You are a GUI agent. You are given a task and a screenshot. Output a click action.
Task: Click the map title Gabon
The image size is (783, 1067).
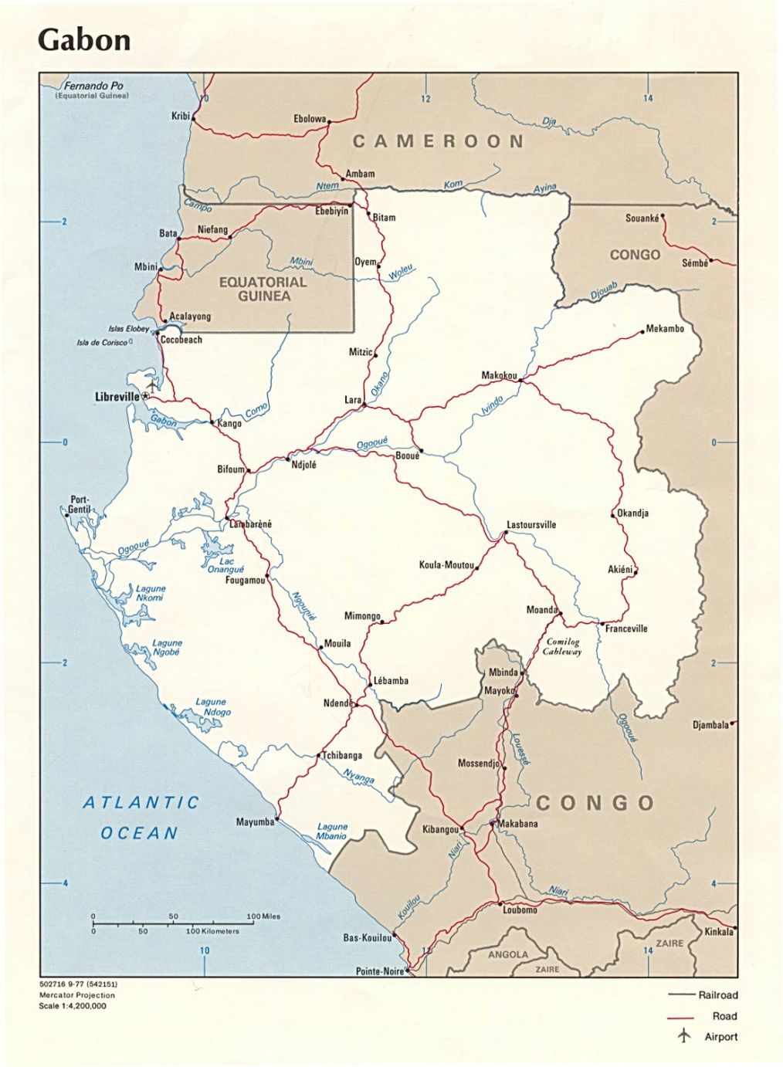[x=84, y=40]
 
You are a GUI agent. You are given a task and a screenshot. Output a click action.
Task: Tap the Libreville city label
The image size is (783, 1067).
[x=117, y=397]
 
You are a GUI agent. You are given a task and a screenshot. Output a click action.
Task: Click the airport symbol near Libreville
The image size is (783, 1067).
[x=152, y=384]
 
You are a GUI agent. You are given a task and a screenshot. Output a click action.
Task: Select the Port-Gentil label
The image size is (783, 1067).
[x=79, y=505]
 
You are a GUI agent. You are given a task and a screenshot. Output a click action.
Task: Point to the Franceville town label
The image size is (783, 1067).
[x=626, y=628]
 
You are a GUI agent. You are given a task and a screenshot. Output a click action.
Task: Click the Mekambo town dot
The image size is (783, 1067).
[x=642, y=333]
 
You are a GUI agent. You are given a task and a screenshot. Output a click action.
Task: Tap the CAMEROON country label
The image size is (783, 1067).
[x=438, y=141]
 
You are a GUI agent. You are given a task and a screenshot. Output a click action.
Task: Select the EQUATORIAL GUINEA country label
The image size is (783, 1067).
[x=263, y=289]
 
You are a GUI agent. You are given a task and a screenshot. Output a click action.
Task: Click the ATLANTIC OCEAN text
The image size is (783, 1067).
[x=141, y=818]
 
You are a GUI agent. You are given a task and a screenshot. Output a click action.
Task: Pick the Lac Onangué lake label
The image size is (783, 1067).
[x=225, y=565]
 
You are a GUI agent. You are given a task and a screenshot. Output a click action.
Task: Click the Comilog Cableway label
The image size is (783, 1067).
[x=562, y=646]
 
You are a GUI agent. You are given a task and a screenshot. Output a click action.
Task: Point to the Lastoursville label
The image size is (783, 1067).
[x=531, y=525]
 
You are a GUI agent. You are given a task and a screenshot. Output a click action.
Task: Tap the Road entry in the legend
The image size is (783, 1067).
[x=724, y=1016]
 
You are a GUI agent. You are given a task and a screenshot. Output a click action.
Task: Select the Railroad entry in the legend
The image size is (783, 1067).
[x=718, y=995]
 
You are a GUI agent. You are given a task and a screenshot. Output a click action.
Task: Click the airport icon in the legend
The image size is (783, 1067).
[x=684, y=1036]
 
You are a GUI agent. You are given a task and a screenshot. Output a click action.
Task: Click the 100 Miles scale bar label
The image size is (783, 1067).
[x=263, y=916]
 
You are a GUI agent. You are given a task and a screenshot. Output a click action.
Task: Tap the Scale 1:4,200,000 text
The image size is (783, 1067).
[x=73, y=1006]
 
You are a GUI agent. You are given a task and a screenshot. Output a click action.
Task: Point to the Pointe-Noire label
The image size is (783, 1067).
[x=379, y=971]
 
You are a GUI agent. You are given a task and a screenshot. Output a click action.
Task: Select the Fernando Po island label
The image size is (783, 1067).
[x=93, y=86]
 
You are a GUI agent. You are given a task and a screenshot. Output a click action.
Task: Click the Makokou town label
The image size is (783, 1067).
[x=499, y=375]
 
